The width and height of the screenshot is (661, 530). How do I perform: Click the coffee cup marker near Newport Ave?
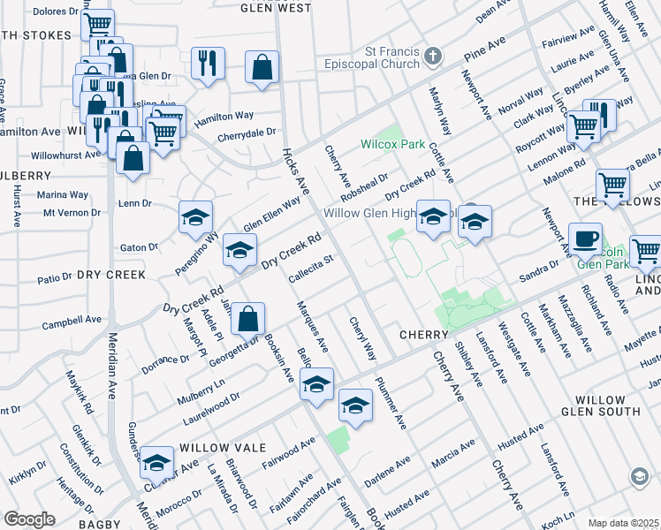(x=584, y=238)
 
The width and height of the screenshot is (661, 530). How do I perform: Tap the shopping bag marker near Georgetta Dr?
(x=249, y=319)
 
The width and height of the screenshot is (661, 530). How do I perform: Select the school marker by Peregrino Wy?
(x=196, y=217)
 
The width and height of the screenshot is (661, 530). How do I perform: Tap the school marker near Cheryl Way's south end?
(x=355, y=406)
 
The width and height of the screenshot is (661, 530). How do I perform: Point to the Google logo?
(x=29, y=519)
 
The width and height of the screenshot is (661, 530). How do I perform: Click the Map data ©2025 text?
(x=623, y=523)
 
